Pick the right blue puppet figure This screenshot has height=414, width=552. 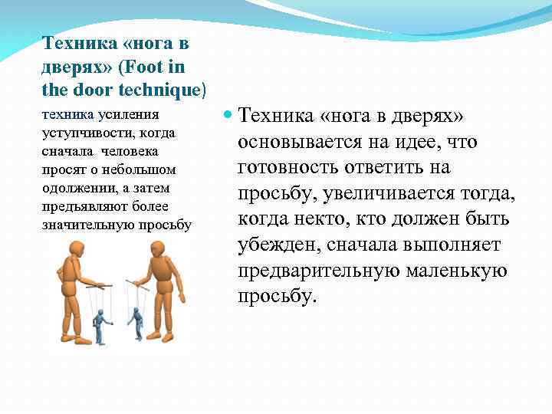point(136,323)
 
